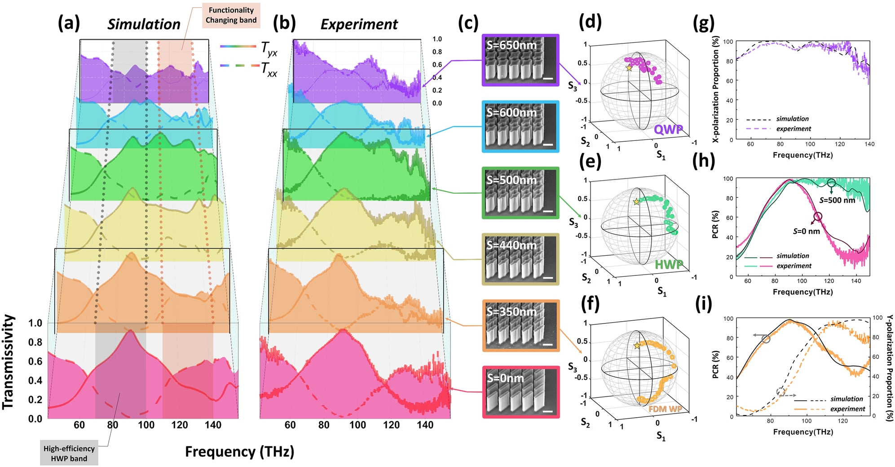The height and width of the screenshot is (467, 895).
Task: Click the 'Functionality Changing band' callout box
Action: coord(231,15)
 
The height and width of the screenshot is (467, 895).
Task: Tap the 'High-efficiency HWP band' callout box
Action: coord(69,453)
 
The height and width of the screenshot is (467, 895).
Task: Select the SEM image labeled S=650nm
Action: coord(520,60)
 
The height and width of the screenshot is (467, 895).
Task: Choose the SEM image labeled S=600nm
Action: coord(520,127)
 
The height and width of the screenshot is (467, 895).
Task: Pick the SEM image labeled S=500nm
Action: coord(520,193)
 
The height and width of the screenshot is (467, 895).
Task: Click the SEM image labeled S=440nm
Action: coord(520,259)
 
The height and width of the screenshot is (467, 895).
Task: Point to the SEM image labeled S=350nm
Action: coord(520,325)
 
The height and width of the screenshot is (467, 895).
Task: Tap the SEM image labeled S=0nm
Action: coord(520,392)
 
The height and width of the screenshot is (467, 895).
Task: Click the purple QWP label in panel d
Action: coord(668,130)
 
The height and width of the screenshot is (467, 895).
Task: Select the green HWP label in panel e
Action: coord(669,265)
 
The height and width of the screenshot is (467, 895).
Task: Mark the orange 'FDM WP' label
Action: coord(665,409)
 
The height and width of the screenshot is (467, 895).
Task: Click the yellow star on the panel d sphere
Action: coord(629,68)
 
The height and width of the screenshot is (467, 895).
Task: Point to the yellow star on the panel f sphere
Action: coord(637,346)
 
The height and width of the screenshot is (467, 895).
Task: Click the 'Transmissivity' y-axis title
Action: coord(8,362)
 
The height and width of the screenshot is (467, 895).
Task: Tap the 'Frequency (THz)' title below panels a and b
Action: coord(239,451)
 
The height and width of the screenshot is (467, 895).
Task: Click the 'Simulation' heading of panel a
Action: coord(144,24)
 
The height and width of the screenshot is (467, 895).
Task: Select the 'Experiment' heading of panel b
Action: coord(359,24)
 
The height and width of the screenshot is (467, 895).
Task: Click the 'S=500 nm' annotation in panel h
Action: coord(837,201)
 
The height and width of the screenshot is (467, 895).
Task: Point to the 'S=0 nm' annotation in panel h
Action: coord(806,231)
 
